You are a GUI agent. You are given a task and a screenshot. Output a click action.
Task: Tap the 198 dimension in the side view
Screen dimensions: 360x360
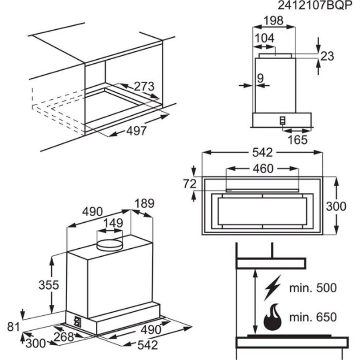pos(274,20)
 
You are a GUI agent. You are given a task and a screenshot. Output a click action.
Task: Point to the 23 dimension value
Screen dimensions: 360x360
pos(327,56)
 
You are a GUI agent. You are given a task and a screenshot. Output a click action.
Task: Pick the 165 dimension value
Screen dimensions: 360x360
pos(298,140)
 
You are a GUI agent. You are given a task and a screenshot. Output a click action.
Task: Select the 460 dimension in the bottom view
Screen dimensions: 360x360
pos(263,169)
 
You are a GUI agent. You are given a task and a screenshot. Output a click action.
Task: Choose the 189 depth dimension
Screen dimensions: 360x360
pos(144,203)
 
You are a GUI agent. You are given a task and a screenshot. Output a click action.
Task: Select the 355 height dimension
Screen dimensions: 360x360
pos(48,285)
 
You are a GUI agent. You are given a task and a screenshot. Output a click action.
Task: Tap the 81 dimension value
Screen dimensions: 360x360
pos(13,326)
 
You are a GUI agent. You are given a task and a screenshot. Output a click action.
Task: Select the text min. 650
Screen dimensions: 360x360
pos(312,318)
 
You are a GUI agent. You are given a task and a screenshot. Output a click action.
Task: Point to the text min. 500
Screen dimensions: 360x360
pos(312,288)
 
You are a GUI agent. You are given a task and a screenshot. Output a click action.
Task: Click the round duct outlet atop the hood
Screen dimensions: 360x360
pos(110,243)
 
